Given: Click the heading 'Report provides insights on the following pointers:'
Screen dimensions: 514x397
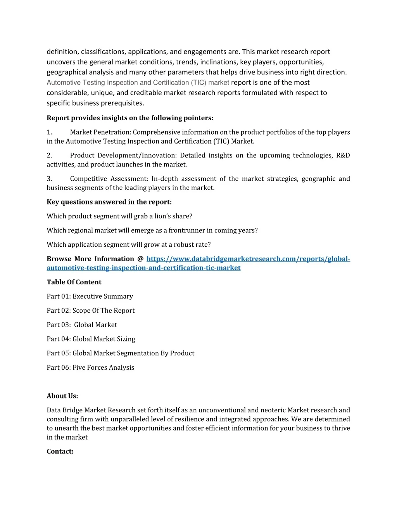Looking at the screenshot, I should pos(130,118).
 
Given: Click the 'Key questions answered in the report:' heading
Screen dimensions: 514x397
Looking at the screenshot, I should pos(109,202).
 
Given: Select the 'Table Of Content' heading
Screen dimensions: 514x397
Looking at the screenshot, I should pos(74,282).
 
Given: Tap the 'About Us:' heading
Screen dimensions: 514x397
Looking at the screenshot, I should pos(62,396).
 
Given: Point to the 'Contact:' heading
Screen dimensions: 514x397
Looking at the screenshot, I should pos(60,451).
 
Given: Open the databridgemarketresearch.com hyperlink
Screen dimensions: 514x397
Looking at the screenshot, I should pos(248,259).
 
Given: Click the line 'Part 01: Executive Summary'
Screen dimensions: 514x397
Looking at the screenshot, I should pos(90,296).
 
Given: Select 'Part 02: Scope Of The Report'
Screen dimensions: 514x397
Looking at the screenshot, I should pos(91,310).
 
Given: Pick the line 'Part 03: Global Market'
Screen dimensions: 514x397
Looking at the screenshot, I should pos(82,325).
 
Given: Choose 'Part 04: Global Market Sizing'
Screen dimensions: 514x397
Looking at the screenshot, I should pos(91,339).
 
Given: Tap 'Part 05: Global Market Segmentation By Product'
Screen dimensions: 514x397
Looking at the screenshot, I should pos(121,353).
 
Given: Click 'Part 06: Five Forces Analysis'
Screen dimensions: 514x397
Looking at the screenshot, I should pos(90,367).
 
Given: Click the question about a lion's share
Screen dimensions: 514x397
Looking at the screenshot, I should pos(119,216).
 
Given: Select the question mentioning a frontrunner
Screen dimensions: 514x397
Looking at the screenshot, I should pos(152,230).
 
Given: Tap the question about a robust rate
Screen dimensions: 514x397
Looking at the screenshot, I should pos(129,244).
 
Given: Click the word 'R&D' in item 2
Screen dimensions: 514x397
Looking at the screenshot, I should pos(343,156).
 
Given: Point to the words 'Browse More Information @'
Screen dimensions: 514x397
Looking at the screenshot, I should pos(95,259).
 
